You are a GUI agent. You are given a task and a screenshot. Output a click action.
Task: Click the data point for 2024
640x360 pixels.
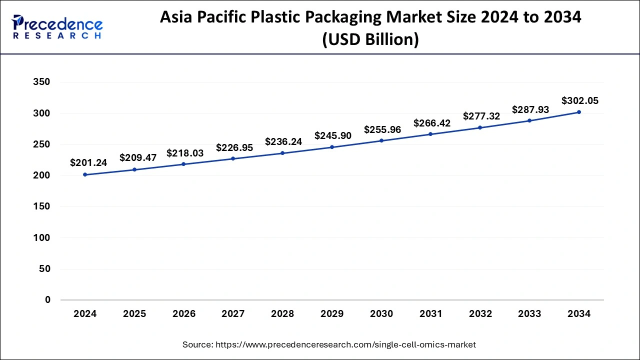[85, 174]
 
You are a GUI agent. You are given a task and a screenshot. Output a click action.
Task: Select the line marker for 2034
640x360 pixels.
[579, 112]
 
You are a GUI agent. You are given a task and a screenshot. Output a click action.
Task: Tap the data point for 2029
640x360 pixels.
[332, 147]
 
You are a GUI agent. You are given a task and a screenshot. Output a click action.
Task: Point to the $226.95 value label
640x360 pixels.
[234, 147]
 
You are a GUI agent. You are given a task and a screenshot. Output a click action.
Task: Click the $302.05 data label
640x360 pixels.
[580, 100]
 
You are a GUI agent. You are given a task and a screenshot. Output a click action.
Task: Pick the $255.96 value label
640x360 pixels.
[382, 129]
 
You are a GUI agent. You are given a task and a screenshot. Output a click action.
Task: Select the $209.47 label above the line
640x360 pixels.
[138, 157]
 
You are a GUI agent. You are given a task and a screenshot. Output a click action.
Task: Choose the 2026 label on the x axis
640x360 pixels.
[184, 314]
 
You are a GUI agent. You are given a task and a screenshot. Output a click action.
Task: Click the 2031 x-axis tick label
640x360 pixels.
[431, 314]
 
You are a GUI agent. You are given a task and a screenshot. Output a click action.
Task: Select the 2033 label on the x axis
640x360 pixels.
[529, 314]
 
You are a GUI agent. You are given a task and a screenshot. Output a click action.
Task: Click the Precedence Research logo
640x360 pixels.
[57, 27]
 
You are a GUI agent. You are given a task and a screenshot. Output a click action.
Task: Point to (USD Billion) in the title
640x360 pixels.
[370, 38]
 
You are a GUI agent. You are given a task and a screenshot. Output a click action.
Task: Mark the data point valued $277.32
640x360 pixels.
[480, 127]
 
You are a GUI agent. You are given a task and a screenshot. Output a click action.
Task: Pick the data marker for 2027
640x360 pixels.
[233, 158]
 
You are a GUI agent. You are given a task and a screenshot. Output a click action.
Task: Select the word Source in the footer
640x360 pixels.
[198, 344]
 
